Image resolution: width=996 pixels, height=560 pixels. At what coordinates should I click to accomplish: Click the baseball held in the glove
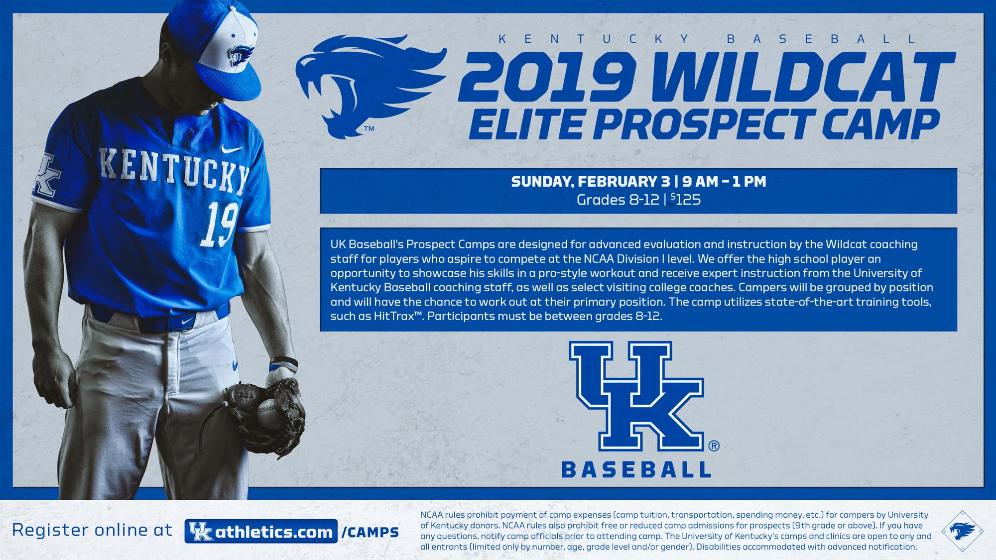[x=269, y=411]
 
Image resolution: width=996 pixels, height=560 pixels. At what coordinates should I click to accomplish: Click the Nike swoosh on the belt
[x=187, y=322]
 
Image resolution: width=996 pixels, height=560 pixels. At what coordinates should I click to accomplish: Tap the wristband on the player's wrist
[x=283, y=365]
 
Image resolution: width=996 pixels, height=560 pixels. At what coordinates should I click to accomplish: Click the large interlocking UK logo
[x=637, y=393]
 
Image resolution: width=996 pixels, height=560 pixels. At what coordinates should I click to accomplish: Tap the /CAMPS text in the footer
[x=371, y=532]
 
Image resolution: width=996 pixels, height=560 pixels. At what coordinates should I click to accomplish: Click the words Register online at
[x=92, y=530]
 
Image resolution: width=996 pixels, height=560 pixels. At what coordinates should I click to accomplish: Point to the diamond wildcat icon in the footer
[x=962, y=531]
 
